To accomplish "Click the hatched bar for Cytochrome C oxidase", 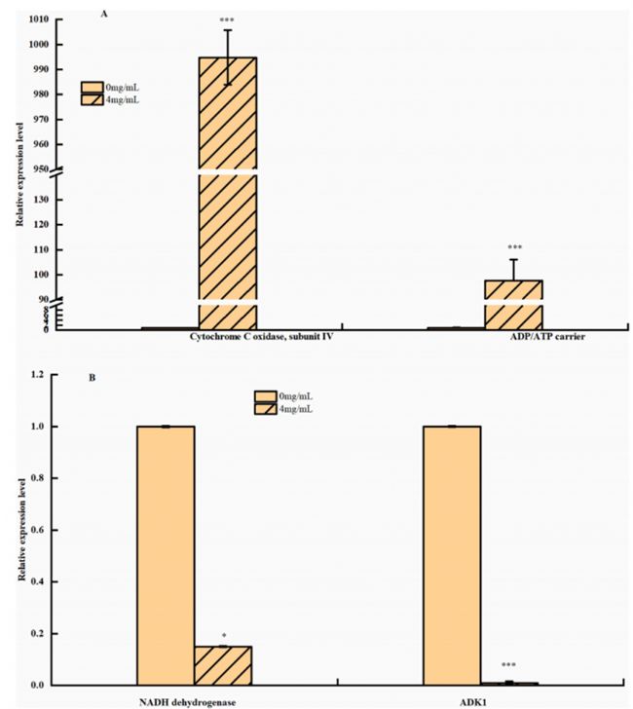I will point(228,195).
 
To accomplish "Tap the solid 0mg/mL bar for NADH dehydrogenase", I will point(166,555).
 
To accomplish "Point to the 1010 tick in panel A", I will point(42,19).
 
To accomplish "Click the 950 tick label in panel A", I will point(42,169).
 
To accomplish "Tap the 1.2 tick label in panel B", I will point(37,375).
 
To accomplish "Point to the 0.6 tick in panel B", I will point(37,530).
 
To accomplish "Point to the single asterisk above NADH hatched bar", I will point(223,635).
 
